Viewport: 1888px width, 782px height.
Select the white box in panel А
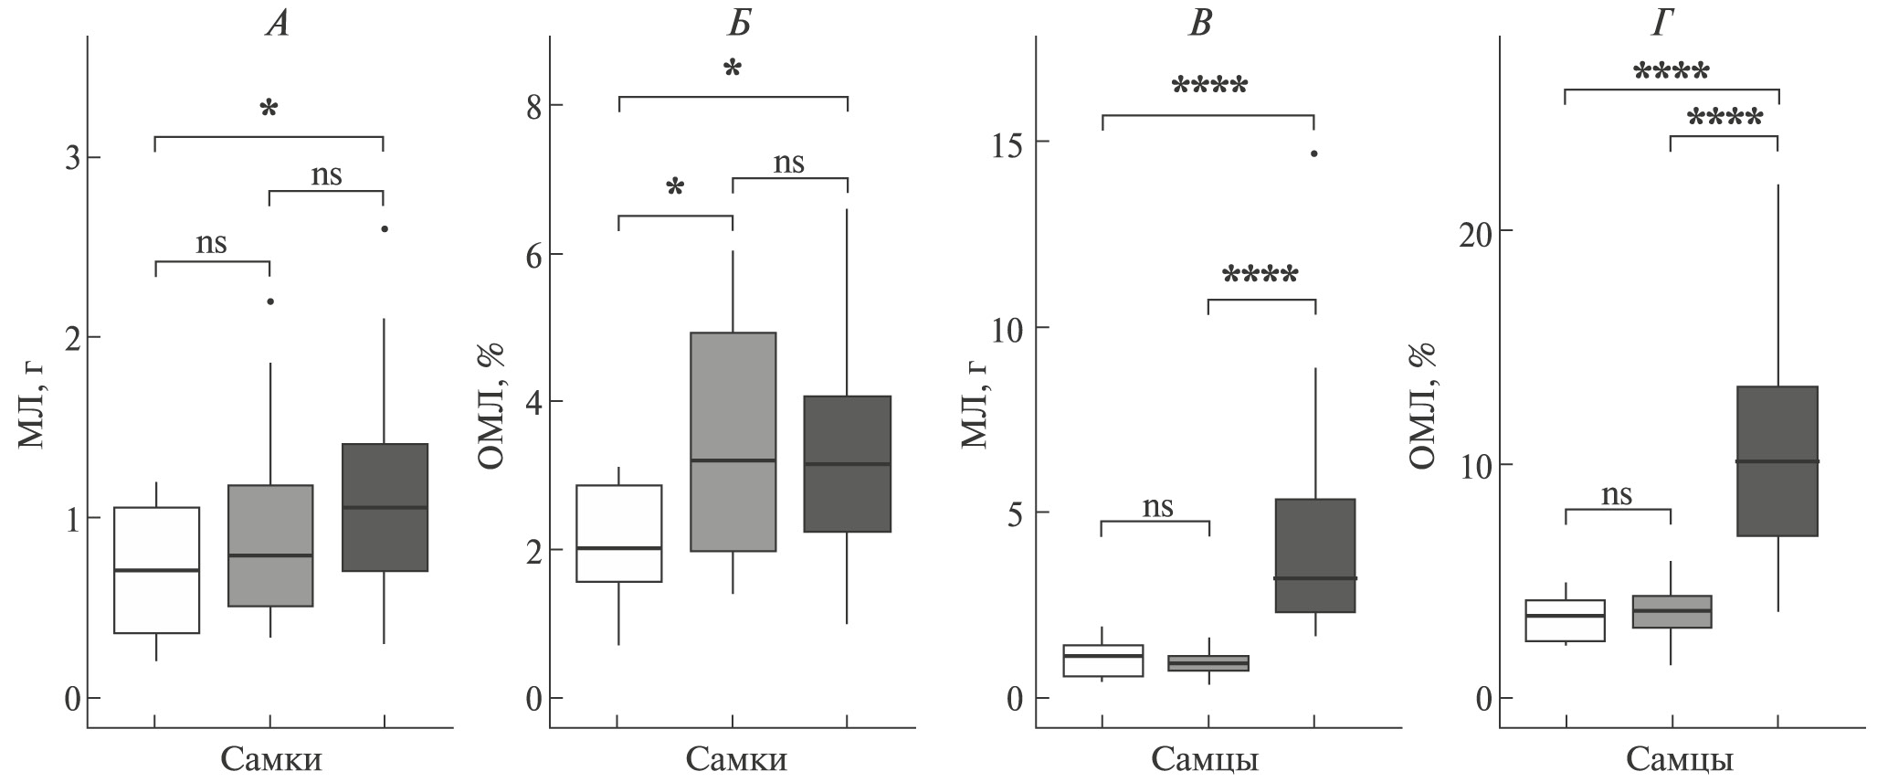pos(156,570)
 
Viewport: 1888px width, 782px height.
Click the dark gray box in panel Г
pos(1777,461)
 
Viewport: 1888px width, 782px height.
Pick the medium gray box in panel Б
pos(733,442)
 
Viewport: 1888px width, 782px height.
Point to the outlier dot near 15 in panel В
pos(1314,153)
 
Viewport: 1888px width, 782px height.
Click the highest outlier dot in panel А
pos(385,229)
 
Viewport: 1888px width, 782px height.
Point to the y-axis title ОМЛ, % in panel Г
pos(1422,405)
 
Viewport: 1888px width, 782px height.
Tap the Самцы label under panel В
pos(1205,760)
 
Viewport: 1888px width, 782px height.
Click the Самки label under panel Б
pos(736,760)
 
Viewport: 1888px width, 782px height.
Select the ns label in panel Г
pos(1617,494)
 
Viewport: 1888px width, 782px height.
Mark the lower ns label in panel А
pos(212,243)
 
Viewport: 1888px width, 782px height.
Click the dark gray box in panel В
pos(1314,555)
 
